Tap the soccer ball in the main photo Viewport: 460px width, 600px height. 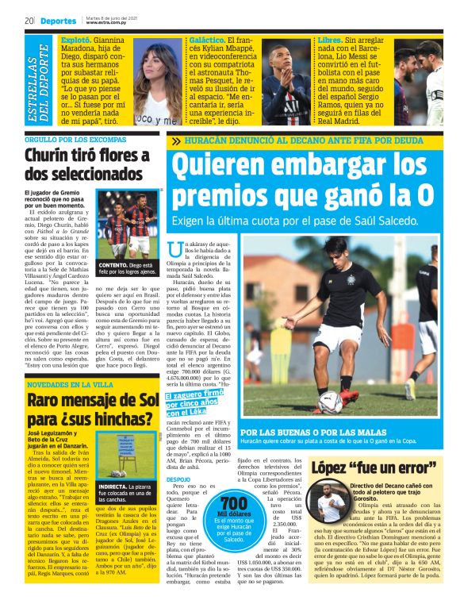[x=332, y=402]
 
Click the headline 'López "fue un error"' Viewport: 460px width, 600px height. [x=374, y=467]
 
